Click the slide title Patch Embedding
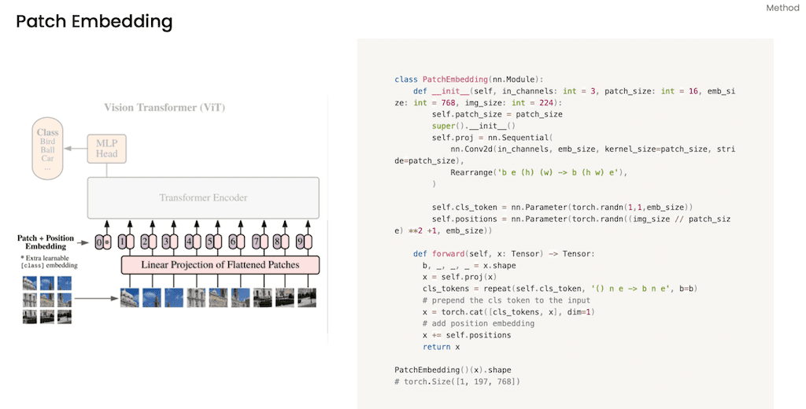coord(94,22)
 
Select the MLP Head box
coord(107,149)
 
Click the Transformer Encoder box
coord(204,197)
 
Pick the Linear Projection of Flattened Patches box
coord(220,265)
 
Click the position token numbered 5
coord(209,242)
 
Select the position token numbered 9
coord(300,242)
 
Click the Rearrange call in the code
coord(473,172)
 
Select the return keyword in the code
coord(436,347)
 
